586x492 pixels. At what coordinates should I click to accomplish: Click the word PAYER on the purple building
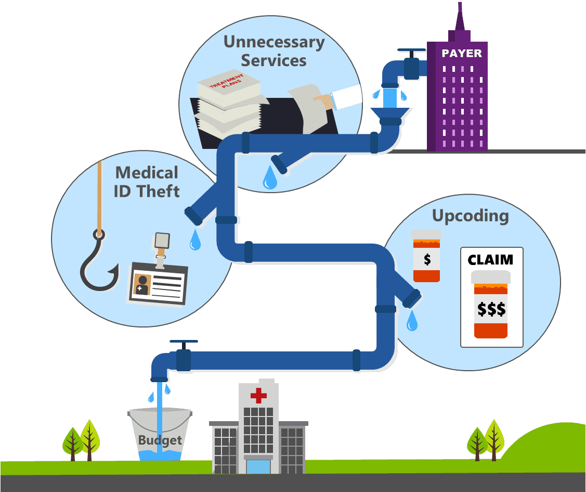coord(462,53)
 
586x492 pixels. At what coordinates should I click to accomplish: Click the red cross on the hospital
coord(258,396)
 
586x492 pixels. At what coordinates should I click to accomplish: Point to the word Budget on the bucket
coord(160,440)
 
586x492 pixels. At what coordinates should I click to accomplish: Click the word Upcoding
coord(471,216)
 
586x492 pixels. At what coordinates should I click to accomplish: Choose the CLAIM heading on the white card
coord(490,259)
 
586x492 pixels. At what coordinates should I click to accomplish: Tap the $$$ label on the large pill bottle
coord(491,309)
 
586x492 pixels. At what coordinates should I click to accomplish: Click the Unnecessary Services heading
coord(274,51)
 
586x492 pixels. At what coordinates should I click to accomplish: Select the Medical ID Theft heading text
coord(147,182)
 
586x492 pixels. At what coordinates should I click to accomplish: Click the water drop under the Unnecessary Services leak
coord(269,178)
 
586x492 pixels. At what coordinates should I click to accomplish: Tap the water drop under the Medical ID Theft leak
coord(196,239)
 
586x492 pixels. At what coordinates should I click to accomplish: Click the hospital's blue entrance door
coord(258,466)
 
